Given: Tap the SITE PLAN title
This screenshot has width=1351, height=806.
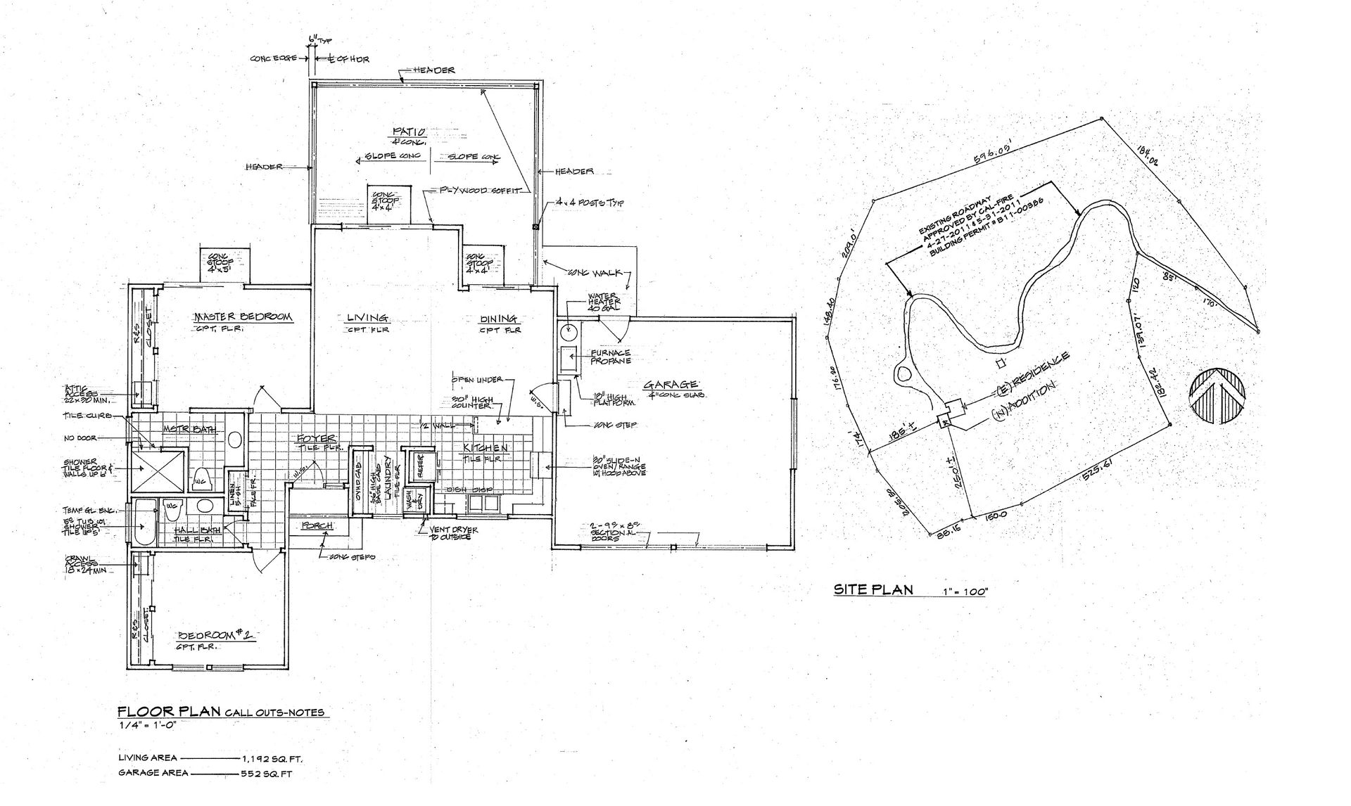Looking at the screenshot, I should pyautogui.click(x=873, y=589).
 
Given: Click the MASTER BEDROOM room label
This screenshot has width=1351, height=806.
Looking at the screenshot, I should pyautogui.click(x=242, y=316).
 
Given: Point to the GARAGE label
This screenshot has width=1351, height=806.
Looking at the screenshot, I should pyautogui.click(x=671, y=384).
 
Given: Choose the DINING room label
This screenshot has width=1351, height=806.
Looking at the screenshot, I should pyautogui.click(x=499, y=318).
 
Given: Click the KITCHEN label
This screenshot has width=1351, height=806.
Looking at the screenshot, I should pyautogui.click(x=485, y=447).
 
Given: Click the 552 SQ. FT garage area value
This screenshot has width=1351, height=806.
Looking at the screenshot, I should pyautogui.click(x=266, y=774).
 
